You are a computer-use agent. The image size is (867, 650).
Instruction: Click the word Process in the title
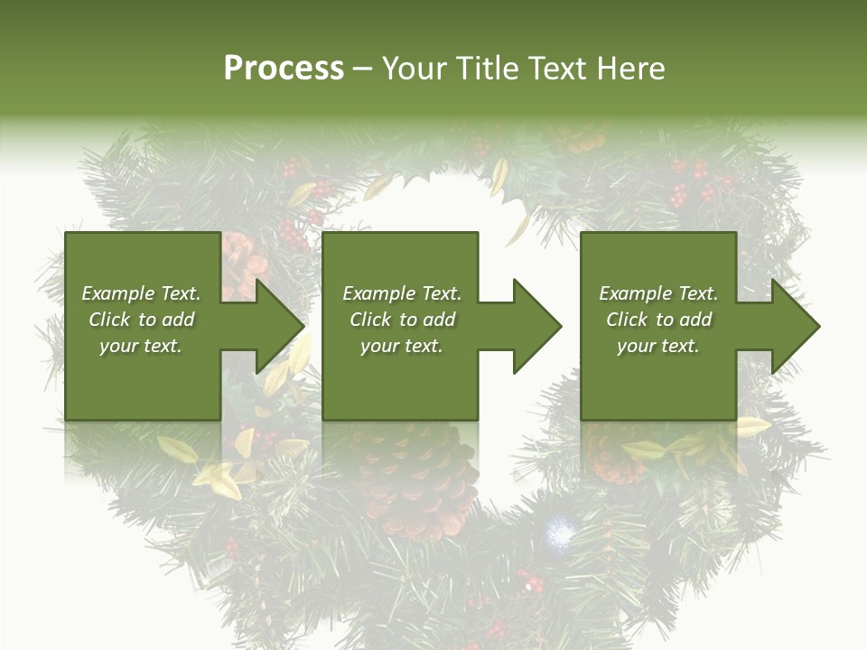[284, 69]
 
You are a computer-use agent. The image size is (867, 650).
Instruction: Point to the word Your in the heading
[415, 69]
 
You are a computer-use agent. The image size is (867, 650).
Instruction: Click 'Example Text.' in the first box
[141, 293]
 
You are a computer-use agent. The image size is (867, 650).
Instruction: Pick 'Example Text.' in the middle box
[401, 293]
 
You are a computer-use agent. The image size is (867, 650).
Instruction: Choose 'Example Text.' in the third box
[658, 293]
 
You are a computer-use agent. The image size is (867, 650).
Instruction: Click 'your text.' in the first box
[141, 346]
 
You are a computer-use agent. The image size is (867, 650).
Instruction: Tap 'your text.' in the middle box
[401, 346]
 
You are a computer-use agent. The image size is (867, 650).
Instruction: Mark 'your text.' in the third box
[658, 346]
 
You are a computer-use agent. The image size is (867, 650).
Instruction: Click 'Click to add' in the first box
[141, 320]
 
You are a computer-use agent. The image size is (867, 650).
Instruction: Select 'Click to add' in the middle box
[401, 320]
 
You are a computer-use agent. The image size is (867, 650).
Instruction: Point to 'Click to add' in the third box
[658, 320]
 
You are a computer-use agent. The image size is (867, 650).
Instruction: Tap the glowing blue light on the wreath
[561, 534]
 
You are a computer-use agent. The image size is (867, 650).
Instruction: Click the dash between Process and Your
[362, 70]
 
